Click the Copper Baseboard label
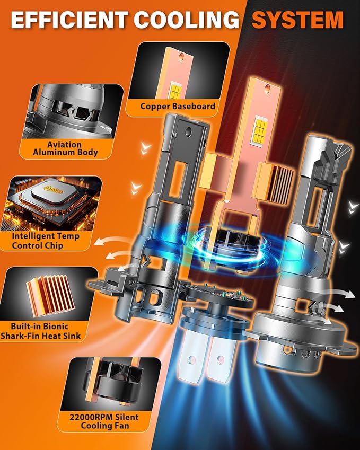[x=178, y=107]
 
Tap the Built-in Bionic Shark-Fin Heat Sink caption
[x=48, y=330]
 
